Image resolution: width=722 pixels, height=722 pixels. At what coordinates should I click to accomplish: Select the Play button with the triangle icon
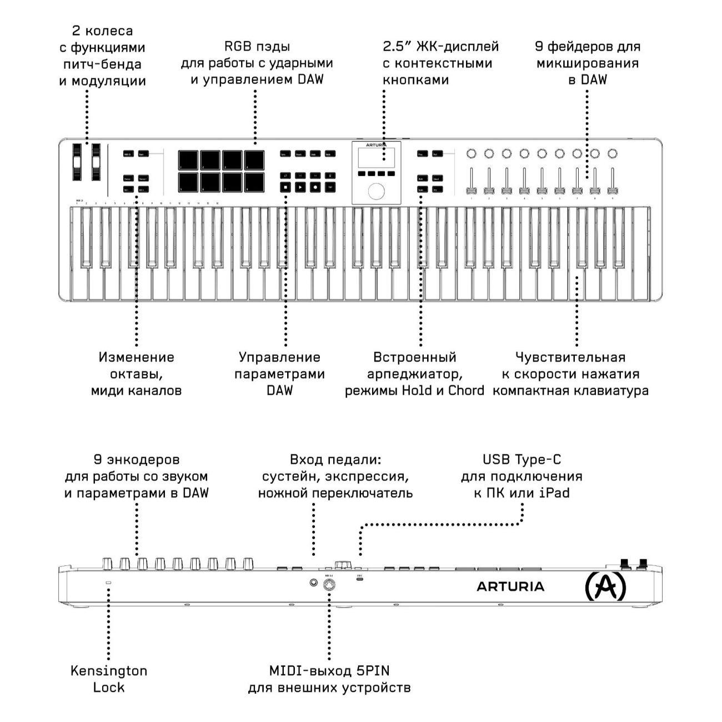pyautogui.click(x=300, y=187)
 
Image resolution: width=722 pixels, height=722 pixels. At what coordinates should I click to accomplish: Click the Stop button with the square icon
pyautogui.click(x=285, y=187)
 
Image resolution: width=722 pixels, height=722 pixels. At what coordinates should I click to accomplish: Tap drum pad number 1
pyautogui.click(x=188, y=160)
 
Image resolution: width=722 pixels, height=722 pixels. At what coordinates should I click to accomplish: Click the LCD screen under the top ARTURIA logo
pyautogui.click(x=376, y=158)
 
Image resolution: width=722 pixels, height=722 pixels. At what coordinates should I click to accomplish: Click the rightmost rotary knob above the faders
pyautogui.click(x=613, y=153)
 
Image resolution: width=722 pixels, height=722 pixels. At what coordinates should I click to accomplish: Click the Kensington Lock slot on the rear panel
pyautogui.click(x=108, y=583)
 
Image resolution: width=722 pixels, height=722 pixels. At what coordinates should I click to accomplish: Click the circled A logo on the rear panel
pyautogui.click(x=605, y=587)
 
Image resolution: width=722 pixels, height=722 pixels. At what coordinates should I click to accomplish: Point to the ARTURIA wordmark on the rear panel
pyautogui.click(x=510, y=586)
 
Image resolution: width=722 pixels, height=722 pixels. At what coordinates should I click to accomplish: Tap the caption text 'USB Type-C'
pyautogui.click(x=522, y=460)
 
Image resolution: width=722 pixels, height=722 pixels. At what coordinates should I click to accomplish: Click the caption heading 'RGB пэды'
pyautogui.click(x=257, y=47)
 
